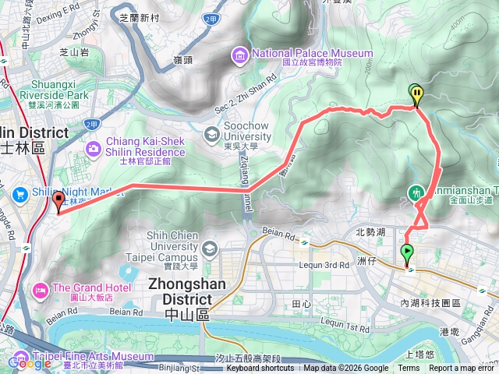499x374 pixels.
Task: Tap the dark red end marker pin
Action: [x=58, y=202]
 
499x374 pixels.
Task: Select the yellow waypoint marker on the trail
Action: [x=418, y=93]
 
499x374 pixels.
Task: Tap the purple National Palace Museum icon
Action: [x=239, y=54]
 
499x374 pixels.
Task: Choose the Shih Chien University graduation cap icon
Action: [x=208, y=249]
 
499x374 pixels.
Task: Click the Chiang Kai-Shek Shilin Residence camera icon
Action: [x=93, y=147]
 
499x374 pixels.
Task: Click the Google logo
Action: [x=30, y=362]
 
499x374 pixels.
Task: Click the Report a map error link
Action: [x=462, y=369]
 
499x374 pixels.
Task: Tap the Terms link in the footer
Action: [x=409, y=369]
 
